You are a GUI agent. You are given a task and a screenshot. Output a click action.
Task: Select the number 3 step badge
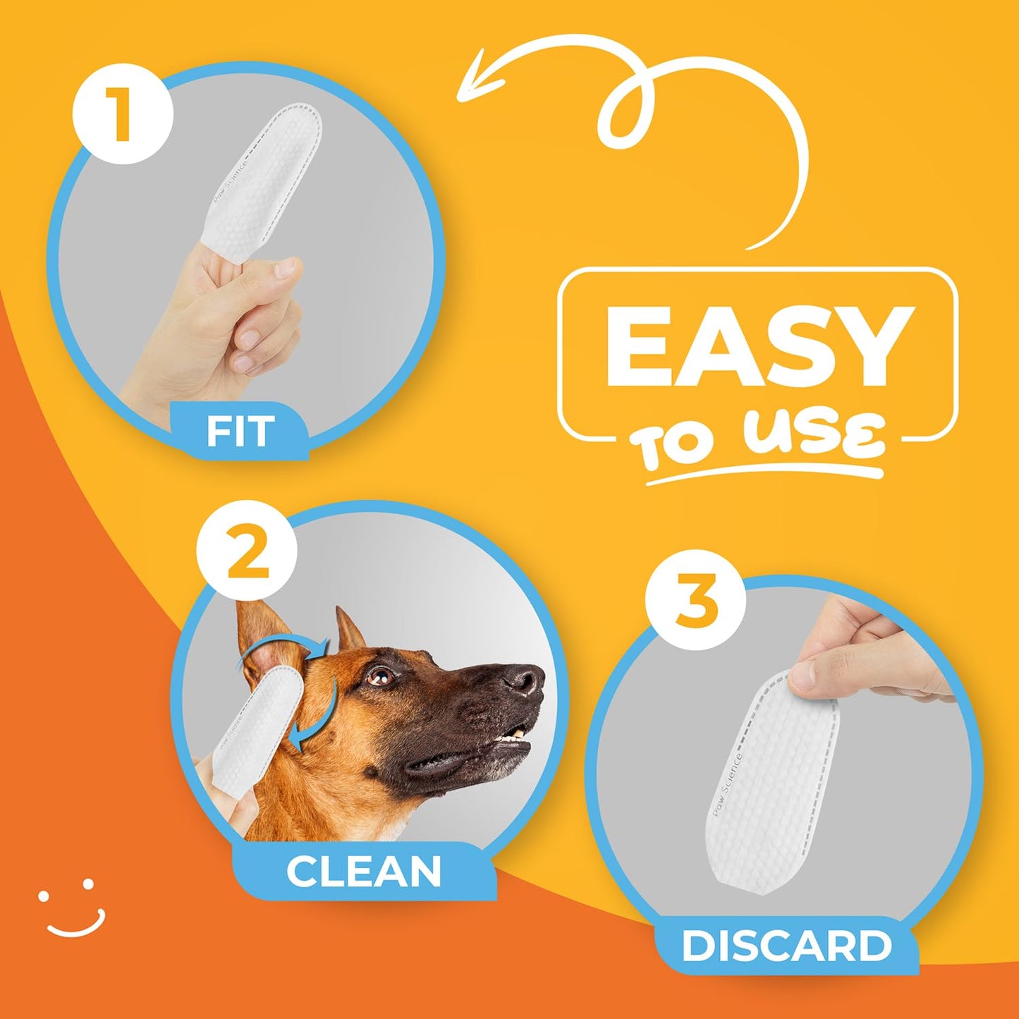coord(695,601)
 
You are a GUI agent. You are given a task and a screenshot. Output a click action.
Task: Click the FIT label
coord(240,431)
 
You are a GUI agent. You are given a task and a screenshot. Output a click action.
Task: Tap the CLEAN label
coord(364,872)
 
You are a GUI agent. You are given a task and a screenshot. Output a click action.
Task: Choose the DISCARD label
coord(787,946)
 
